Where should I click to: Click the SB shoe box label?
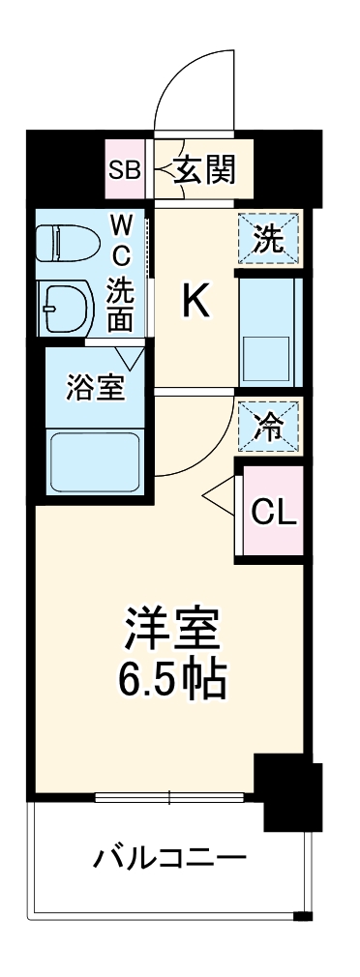[126, 170]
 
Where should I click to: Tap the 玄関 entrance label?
[204, 169]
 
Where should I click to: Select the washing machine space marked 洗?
[269, 238]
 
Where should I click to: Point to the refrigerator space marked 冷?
[269, 427]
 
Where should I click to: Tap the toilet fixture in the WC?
[68, 243]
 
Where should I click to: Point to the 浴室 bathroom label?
[95, 388]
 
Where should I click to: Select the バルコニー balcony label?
[170, 859]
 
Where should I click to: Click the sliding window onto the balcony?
[169, 796]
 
